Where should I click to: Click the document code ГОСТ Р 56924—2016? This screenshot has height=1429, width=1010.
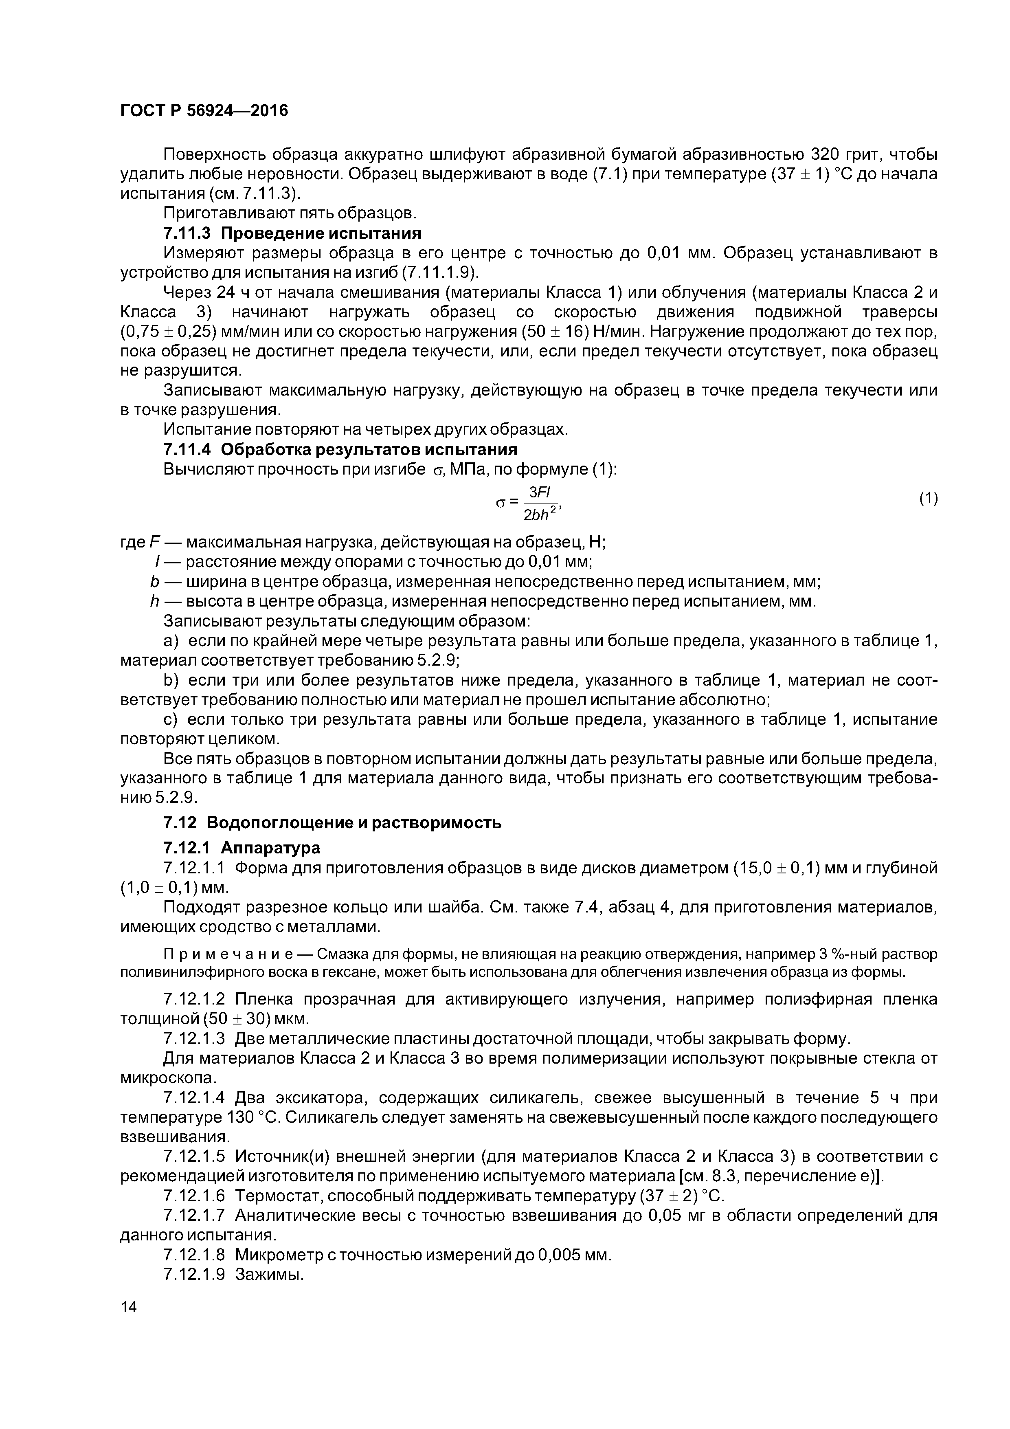coord(204,111)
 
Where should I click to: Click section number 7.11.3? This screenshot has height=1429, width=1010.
coord(187,233)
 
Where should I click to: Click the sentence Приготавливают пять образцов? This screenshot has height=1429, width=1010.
coord(290,213)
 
